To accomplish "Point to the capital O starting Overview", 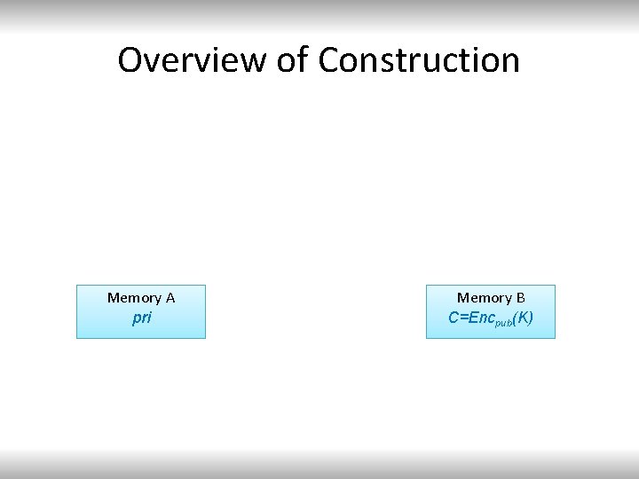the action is (131, 60).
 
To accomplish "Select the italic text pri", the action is (141, 318).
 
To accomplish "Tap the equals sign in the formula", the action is (463, 318).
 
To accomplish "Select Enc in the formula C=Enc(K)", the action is (479, 318).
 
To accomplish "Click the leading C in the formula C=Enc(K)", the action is (454, 318).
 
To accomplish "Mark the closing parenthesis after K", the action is (530, 318).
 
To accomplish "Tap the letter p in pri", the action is (135, 318).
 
